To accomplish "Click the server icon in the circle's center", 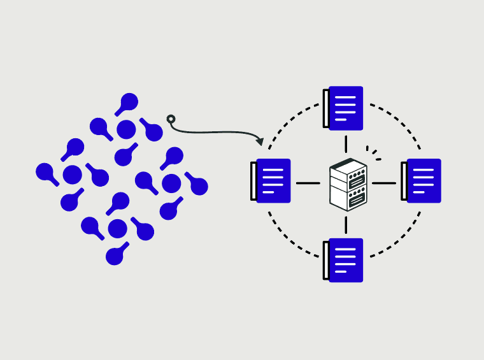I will tap(348, 184).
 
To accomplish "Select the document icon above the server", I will tap(344, 108).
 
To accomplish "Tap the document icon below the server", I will tap(344, 260).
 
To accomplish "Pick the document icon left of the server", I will tap(271, 181).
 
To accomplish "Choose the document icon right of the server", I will tap(422, 181).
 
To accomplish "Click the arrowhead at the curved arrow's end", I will tap(259, 140).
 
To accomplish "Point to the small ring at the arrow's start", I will tap(171, 119).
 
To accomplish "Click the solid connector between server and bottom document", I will tap(346, 224).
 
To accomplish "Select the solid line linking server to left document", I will tap(308, 184).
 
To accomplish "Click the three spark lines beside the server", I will tap(373, 154).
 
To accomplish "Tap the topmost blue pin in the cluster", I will tap(129, 101).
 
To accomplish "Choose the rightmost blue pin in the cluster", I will tap(199, 186).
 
